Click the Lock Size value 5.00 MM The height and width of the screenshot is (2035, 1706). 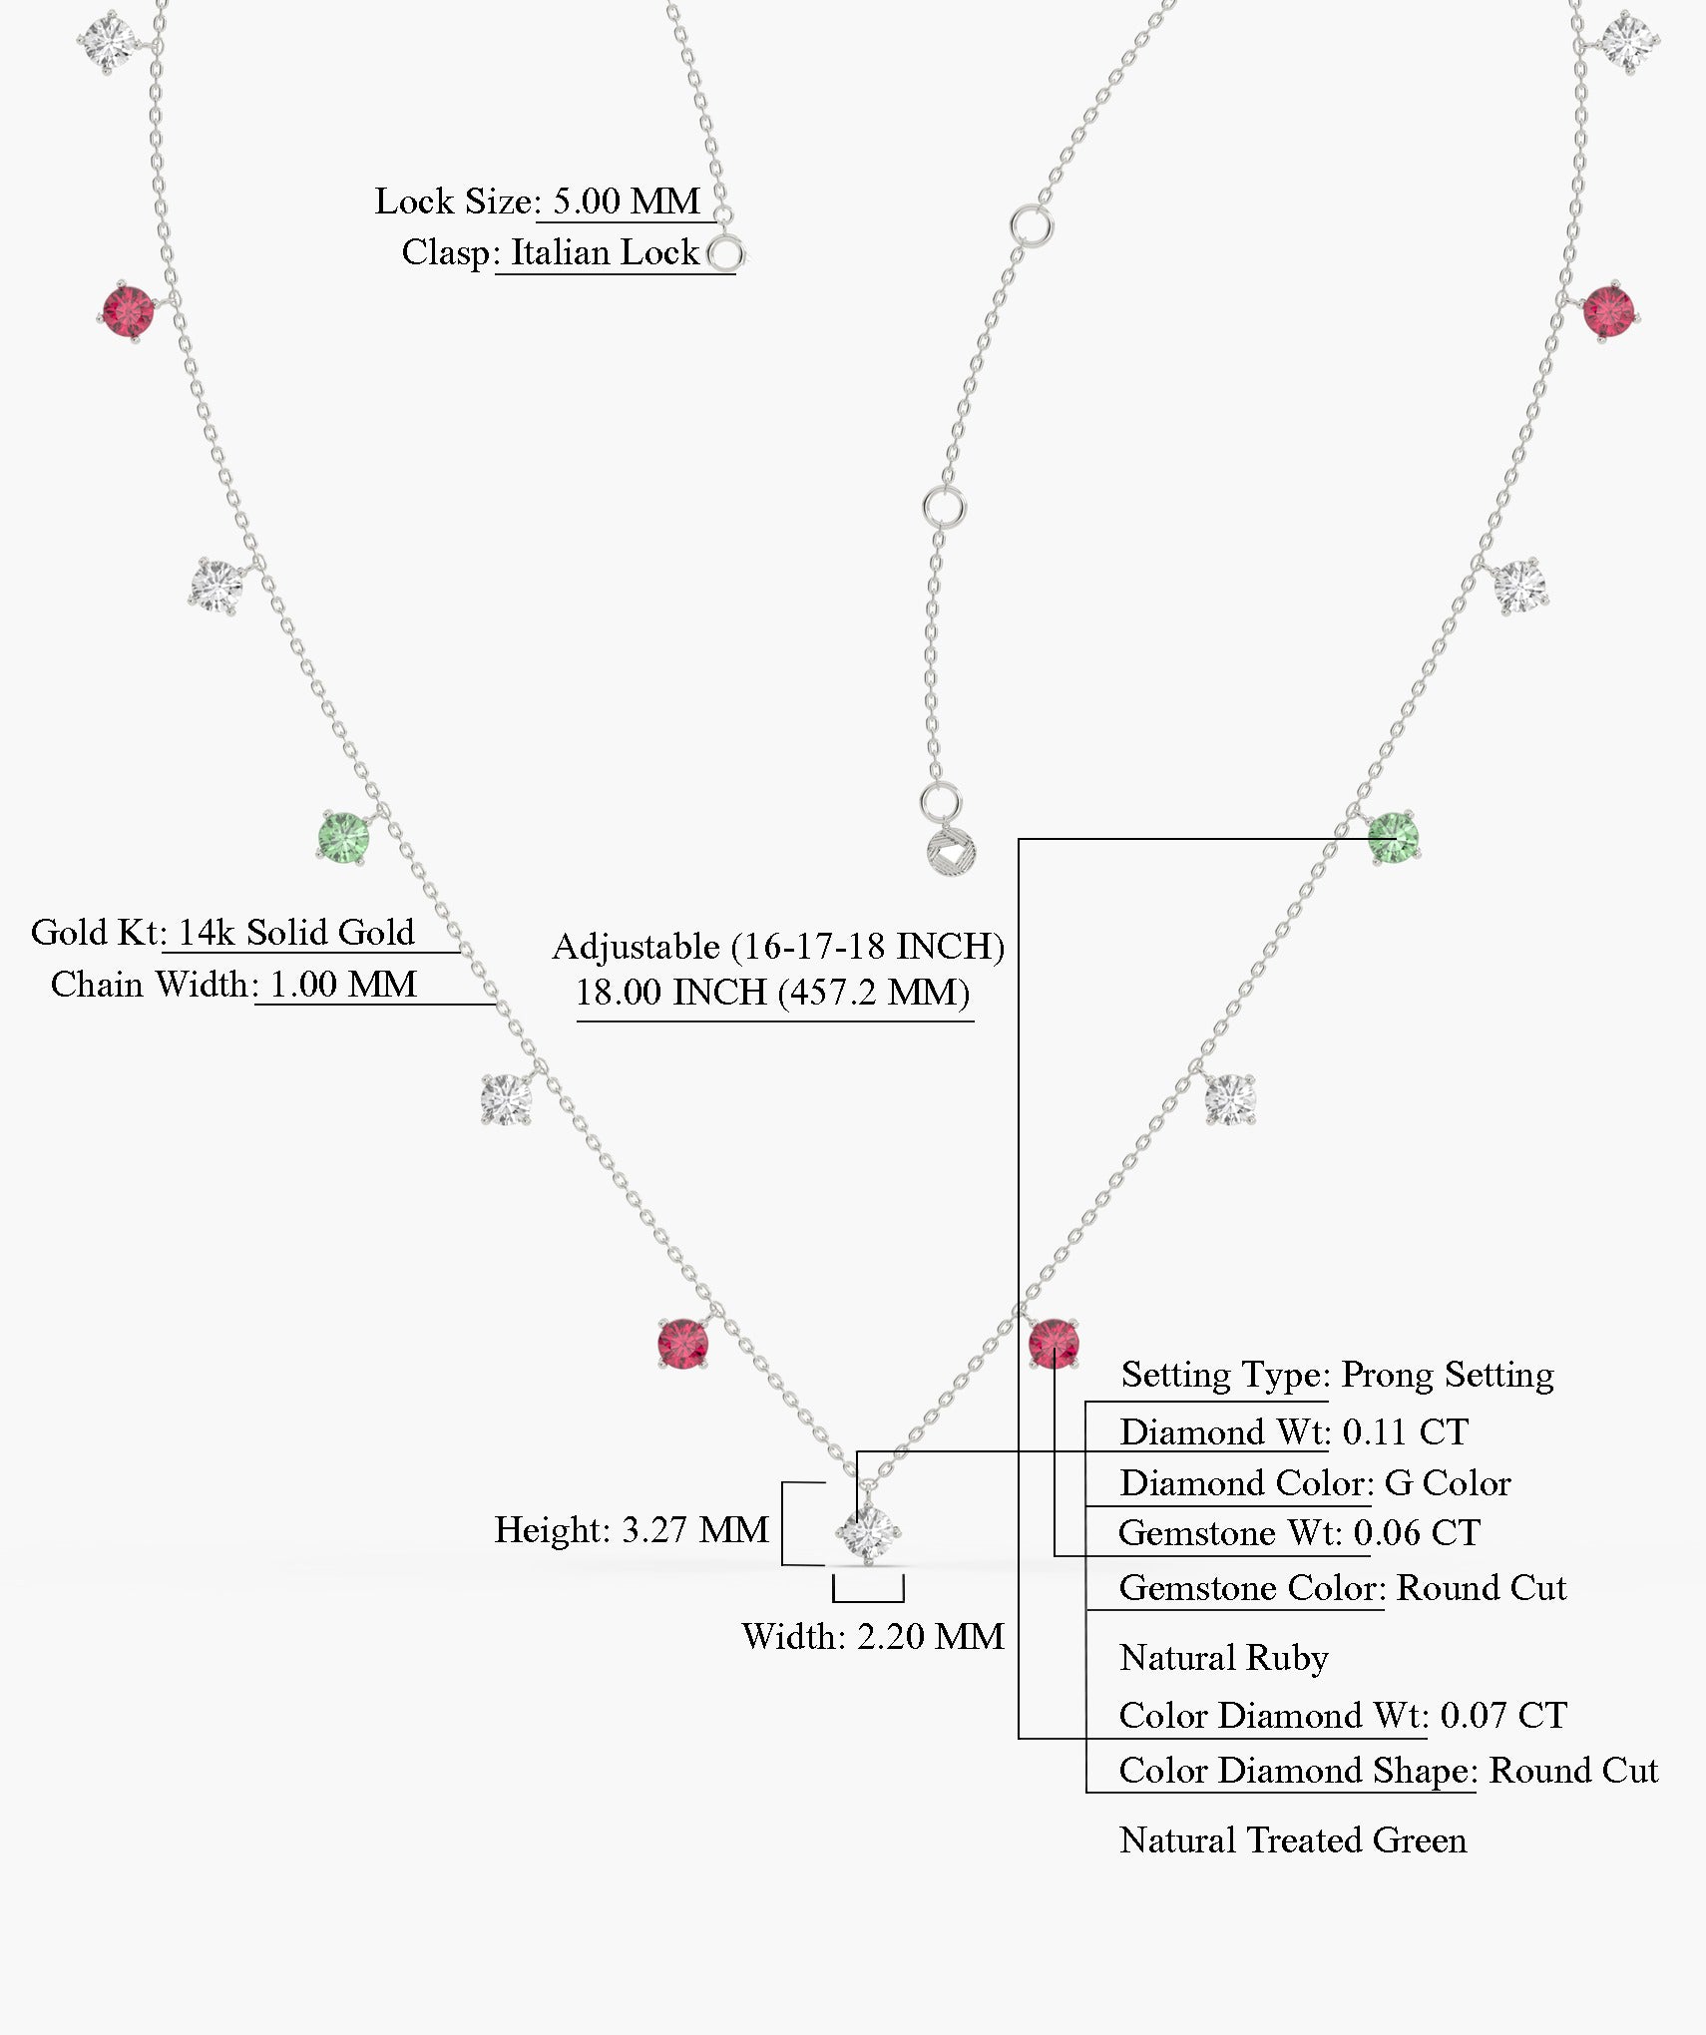point(627,202)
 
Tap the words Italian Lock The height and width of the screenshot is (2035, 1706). point(605,252)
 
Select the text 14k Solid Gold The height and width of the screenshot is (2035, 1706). point(295,933)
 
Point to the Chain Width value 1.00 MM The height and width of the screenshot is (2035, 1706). point(343,985)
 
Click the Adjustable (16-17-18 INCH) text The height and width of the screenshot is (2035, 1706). point(778,946)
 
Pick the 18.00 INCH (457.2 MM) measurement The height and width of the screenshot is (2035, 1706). point(773,993)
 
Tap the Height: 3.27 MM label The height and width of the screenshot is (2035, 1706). point(632,1529)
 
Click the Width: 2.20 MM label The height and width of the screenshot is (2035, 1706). point(873,1636)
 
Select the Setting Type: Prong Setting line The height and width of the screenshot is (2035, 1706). point(1337,1375)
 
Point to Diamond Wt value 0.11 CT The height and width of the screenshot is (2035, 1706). point(1405,1432)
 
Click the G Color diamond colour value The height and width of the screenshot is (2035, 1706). point(1448,1483)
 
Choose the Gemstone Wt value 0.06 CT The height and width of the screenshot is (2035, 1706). point(1417,1533)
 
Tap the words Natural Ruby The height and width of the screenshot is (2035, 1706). point(1224,1657)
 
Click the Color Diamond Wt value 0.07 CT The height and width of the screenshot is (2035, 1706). point(1503,1715)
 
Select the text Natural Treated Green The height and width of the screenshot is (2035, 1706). point(1293,1839)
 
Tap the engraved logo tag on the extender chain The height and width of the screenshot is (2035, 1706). point(951,854)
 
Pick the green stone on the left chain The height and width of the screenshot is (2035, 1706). point(344,837)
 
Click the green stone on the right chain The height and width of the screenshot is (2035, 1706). point(1393,837)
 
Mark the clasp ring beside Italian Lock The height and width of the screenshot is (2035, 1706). point(726,254)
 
